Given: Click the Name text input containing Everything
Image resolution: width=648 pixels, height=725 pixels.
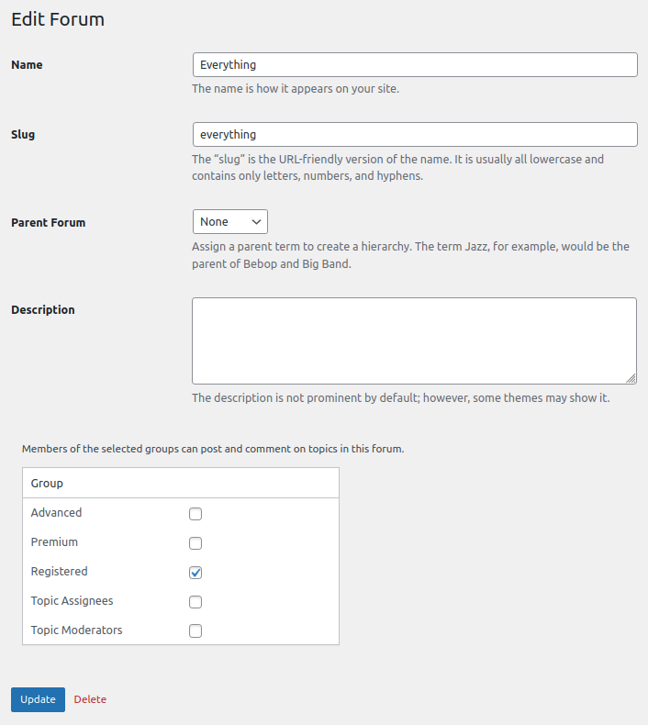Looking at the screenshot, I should (414, 65).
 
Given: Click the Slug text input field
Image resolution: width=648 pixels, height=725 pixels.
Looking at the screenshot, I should (414, 135).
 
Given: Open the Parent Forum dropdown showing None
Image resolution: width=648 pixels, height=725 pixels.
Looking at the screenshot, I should (229, 222).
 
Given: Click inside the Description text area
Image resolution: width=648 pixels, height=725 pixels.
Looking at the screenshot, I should (414, 340).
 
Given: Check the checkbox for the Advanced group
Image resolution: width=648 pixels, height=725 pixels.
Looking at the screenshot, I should (196, 514).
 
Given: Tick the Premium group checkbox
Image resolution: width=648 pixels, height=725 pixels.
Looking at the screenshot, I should (196, 543).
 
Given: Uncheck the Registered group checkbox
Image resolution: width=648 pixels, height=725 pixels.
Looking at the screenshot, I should (196, 573).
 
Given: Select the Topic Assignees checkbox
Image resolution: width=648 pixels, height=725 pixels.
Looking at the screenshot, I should (196, 602).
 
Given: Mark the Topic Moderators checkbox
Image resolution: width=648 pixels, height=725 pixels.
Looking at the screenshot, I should (196, 631).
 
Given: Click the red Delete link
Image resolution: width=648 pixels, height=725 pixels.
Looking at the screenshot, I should (90, 699).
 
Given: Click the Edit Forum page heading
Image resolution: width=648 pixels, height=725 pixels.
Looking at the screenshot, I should (58, 19).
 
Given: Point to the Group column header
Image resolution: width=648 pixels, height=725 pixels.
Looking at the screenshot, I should (47, 483).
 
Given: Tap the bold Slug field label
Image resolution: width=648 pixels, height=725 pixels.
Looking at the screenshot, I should (23, 135).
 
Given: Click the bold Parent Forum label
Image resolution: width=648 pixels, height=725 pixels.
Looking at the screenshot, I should (48, 223).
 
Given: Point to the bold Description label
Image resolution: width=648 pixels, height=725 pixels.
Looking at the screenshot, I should (43, 310).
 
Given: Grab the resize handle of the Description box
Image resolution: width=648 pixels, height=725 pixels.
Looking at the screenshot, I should (631, 378).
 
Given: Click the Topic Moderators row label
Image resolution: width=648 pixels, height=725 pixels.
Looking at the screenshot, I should (76, 630).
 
